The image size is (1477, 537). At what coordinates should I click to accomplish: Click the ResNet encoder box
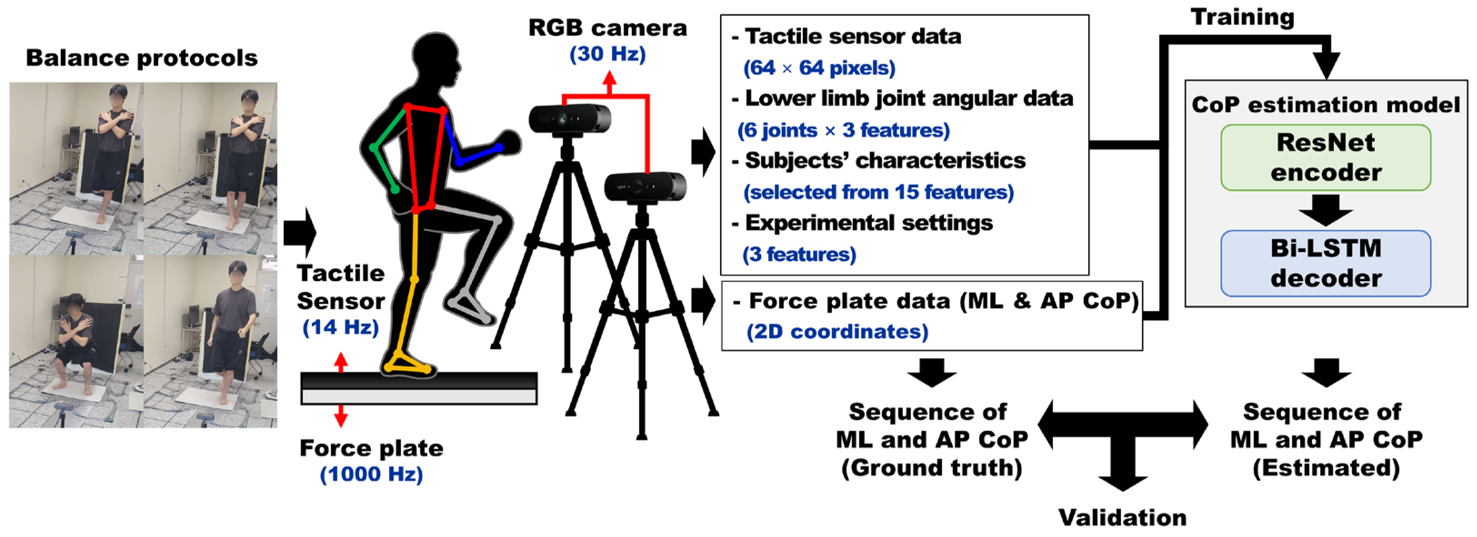click(x=1325, y=157)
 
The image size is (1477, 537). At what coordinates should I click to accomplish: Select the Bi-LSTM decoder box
click(x=1325, y=263)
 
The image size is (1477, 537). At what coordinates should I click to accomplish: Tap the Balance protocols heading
click(x=142, y=58)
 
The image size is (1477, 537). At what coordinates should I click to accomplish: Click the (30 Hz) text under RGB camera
click(x=607, y=54)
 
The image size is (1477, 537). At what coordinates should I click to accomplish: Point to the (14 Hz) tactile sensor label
click(x=340, y=327)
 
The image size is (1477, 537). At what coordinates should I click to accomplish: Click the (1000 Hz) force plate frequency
click(x=371, y=474)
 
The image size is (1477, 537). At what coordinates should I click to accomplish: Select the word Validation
click(x=1122, y=517)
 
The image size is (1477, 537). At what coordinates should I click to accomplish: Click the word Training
click(x=1242, y=17)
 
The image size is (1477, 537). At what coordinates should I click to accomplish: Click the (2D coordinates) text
click(x=837, y=331)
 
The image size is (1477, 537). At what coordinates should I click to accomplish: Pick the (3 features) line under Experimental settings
click(x=799, y=254)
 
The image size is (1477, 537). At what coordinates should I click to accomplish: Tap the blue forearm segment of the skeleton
click(x=479, y=155)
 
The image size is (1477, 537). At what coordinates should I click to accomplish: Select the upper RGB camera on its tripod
click(x=569, y=119)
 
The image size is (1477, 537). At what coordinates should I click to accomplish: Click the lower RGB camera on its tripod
click(x=645, y=187)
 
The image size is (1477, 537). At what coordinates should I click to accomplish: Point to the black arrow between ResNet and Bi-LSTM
click(x=1325, y=210)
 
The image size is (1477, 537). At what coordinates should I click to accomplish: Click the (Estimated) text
click(x=1326, y=467)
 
